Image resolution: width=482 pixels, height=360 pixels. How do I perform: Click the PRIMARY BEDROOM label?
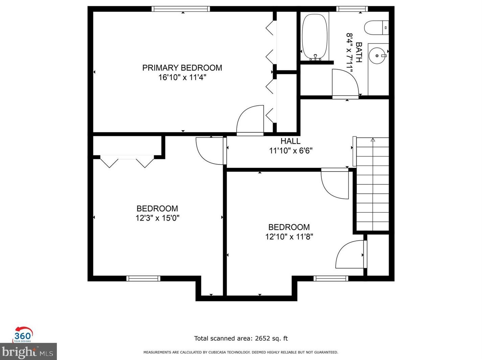click(182, 68)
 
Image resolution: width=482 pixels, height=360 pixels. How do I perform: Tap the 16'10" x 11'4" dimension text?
click(182, 77)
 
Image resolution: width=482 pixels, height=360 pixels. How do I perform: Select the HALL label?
click(290, 141)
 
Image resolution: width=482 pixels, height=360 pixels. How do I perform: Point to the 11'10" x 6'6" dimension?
click(291, 151)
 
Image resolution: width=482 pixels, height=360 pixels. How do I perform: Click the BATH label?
click(359, 52)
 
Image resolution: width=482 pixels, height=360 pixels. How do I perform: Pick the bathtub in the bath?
click(315, 36)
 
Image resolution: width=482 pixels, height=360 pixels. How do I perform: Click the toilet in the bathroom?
click(377, 28)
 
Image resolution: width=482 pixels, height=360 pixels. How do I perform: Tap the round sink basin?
click(377, 55)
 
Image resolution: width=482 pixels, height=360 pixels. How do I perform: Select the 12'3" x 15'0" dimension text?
click(158, 218)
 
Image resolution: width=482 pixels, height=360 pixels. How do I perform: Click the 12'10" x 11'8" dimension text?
click(289, 237)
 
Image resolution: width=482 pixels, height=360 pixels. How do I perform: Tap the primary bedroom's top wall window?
click(181, 9)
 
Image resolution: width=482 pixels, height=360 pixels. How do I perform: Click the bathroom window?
click(352, 9)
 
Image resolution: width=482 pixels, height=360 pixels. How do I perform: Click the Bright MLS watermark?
click(28, 352)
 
